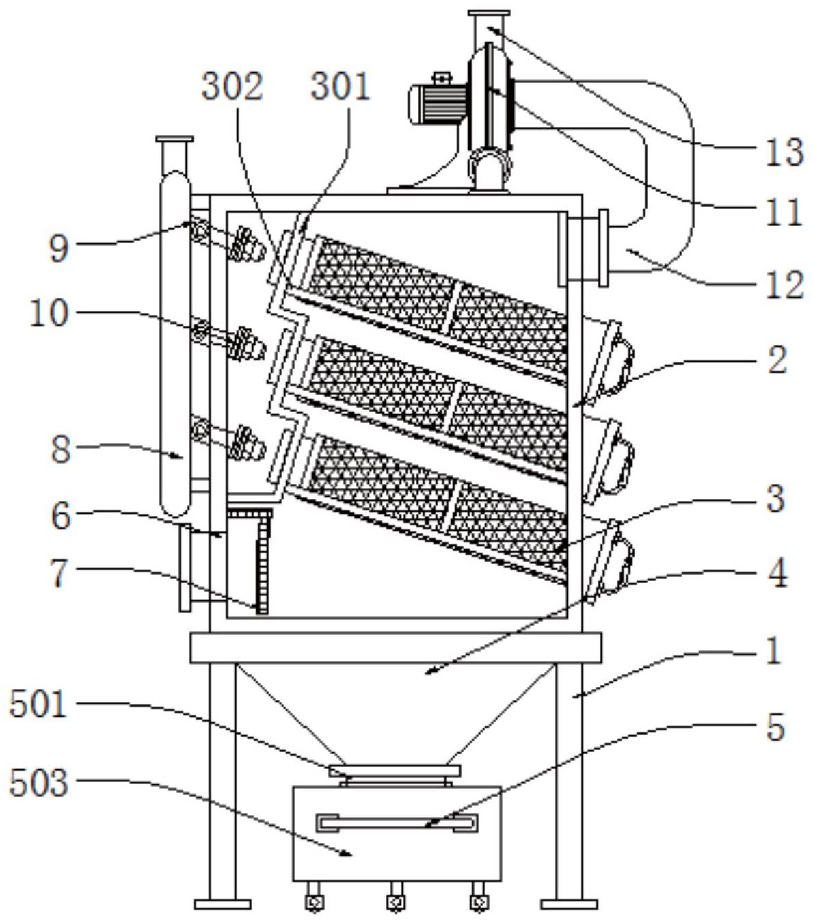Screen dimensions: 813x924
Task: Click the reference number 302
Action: (x=232, y=87)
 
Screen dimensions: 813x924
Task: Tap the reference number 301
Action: (x=340, y=87)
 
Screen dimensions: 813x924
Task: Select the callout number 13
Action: (x=784, y=152)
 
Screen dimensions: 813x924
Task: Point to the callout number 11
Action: (x=784, y=212)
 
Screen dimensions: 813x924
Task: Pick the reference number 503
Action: (x=39, y=783)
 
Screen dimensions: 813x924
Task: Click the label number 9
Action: (x=59, y=249)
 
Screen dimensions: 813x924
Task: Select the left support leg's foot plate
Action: (x=222, y=904)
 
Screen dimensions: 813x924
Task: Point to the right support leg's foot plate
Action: (x=569, y=904)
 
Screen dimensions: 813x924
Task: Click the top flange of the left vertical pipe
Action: (x=174, y=139)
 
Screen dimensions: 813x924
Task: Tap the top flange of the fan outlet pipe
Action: (x=489, y=13)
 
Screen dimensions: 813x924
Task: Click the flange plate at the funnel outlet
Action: (x=395, y=770)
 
